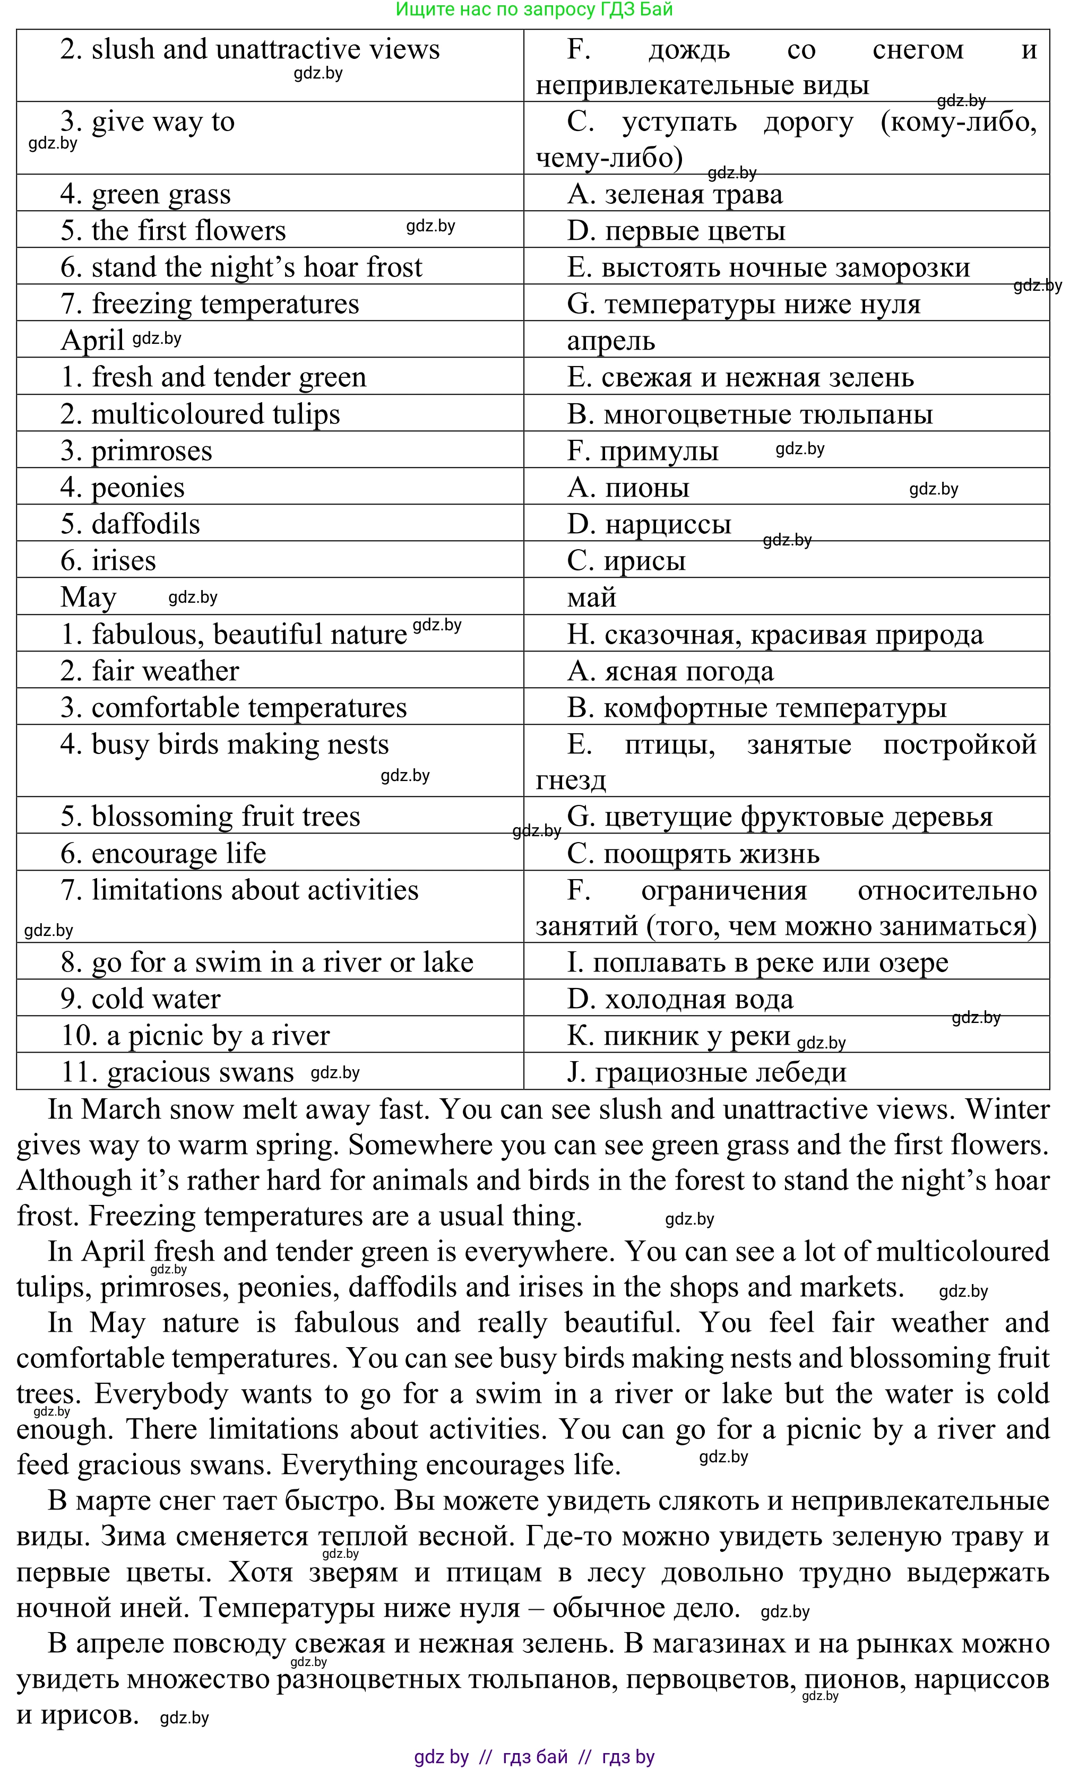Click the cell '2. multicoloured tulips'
coord(200,414)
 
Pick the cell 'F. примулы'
coord(642,451)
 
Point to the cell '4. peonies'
coord(122,488)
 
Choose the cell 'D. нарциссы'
coord(649,524)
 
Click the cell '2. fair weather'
coord(149,671)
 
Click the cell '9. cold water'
coord(140,999)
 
